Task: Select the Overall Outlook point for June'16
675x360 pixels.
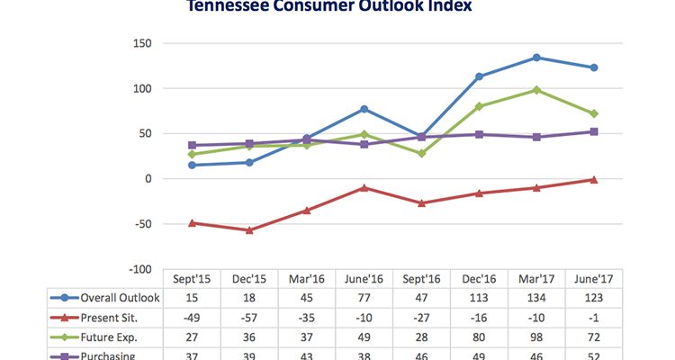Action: (364, 109)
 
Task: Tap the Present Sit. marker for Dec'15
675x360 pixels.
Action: (249, 230)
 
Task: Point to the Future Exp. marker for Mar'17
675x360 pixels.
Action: (536, 90)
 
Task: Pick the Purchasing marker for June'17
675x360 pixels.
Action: (594, 131)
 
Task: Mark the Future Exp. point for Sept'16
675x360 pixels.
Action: (421, 153)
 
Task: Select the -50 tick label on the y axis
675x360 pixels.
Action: (138, 223)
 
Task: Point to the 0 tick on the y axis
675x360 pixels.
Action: (146, 178)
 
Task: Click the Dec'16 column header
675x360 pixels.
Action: (479, 279)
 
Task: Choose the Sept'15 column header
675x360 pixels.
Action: (192, 279)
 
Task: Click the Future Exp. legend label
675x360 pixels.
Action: (107, 337)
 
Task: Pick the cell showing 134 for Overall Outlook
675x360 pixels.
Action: (536, 298)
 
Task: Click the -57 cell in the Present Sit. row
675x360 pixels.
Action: (249, 317)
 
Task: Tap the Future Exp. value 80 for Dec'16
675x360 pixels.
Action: (479, 337)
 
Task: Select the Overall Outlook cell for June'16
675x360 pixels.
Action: (364, 298)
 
